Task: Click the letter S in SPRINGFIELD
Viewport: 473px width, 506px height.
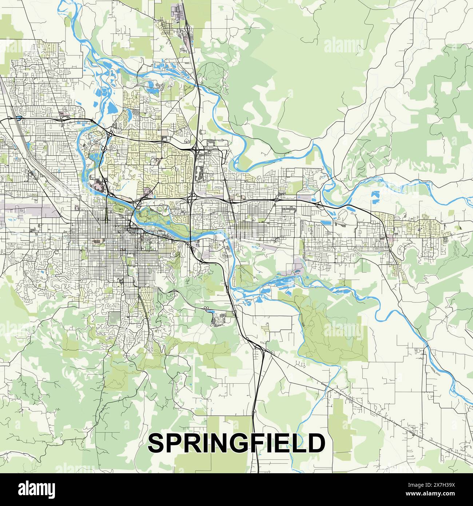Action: click(x=156, y=443)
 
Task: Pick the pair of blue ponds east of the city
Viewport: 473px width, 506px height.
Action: click(x=375, y=197)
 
